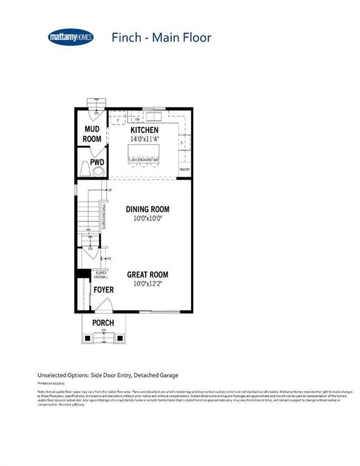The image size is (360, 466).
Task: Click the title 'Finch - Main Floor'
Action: click(161, 38)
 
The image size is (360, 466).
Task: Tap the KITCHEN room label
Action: click(144, 130)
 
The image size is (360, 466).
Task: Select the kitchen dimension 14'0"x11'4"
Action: click(144, 139)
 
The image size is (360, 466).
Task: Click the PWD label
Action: click(97, 163)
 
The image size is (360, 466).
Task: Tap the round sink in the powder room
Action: click(98, 172)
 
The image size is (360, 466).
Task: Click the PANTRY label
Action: click(185, 170)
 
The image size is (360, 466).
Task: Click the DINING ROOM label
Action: click(148, 209)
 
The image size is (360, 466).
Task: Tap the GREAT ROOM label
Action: click(148, 274)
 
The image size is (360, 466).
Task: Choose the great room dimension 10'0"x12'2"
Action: click(148, 283)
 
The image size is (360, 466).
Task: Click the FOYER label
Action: click(103, 290)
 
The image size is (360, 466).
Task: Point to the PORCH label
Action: click(103, 322)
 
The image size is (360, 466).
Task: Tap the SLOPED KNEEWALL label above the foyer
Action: click(101, 275)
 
